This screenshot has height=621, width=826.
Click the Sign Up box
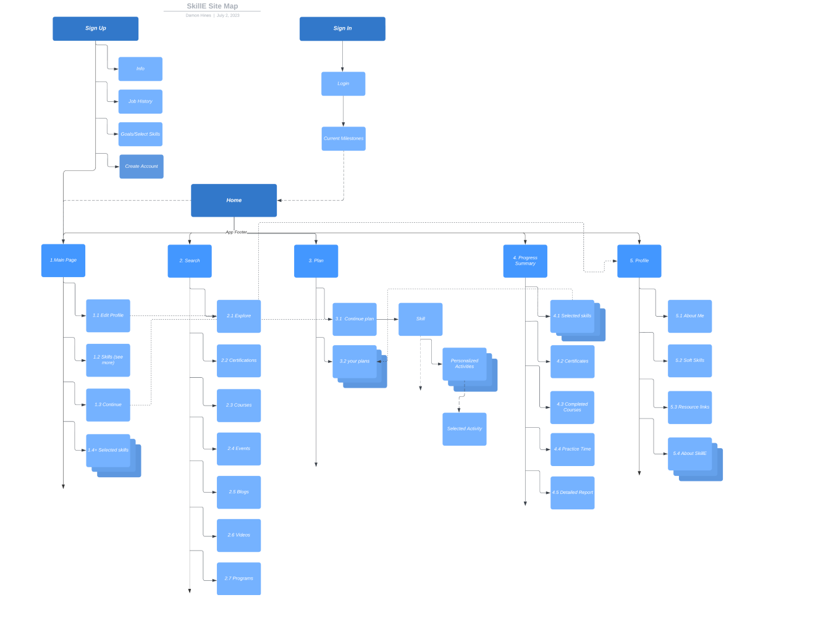[x=95, y=28]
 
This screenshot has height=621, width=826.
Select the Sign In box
[x=342, y=28]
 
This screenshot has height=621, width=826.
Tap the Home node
[x=234, y=200]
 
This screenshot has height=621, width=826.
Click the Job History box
[x=140, y=101]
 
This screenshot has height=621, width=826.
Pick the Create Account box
[x=141, y=166]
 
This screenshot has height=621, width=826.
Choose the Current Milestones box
[x=343, y=138]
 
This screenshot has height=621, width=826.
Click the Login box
[x=343, y=83]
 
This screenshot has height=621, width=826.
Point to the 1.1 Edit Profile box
[x=108, y=315]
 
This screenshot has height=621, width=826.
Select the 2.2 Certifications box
[x=238, y=361]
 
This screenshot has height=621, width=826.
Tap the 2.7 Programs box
[x=238, y=578]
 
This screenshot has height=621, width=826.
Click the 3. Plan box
[x=316, y=260]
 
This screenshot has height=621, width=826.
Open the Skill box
[x=420, y=319]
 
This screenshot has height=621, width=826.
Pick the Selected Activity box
[x=464, y=428]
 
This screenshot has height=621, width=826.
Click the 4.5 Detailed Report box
[x=572, y=493]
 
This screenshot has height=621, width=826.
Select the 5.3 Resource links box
[x=689, y=407]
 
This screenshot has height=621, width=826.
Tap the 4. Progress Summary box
[x=525, y=260]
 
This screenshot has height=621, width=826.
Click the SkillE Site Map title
[x=212, y=6]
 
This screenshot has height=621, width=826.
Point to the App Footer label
[x=236, y=232]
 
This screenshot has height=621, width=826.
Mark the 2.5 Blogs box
[x=238, y=492]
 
